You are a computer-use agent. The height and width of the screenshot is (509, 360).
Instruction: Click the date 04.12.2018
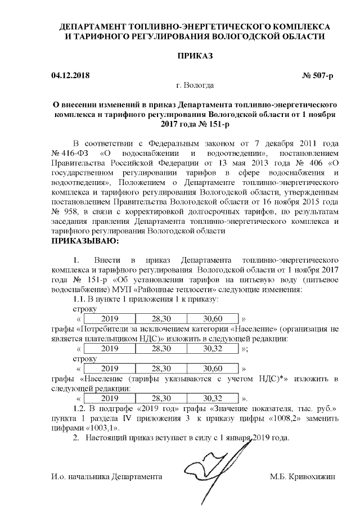(x=70, y=75)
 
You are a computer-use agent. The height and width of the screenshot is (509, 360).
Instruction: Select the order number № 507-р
(x=318, y=75)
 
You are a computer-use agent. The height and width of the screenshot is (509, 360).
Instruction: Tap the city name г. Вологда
(x=195, y=85)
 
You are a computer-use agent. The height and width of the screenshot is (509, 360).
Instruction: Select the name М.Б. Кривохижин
(x=303, y=477)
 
